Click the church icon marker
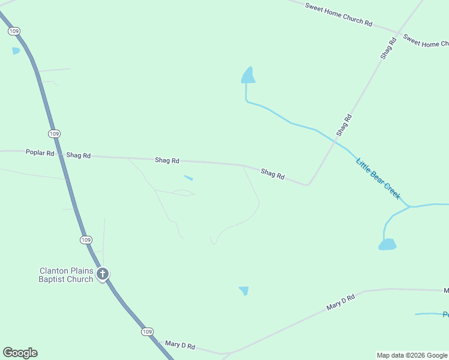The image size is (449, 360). pos(103,274)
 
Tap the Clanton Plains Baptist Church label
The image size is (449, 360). pos(66,275)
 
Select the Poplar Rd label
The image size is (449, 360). pos(40,153)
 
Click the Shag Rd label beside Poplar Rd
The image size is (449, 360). pos(79,155)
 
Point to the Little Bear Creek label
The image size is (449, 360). pos(378,179)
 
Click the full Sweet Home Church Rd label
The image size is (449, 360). pos(339,14)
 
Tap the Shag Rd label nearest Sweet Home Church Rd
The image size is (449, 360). pos(388,49)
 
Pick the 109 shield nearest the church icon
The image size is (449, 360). pos(86,239)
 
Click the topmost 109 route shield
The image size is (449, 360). pos(15,31)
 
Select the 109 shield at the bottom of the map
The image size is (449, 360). pos(148,331)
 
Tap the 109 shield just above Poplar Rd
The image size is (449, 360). pos(55,133)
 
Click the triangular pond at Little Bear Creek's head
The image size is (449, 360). pos(248,76)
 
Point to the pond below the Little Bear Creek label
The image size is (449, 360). pos(387,244)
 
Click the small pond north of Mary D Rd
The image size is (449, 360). pos(244,290)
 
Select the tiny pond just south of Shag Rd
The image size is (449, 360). pos(188,178)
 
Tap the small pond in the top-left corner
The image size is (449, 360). pos(16,51)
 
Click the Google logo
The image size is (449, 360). pos(20,353)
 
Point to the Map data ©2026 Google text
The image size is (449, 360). pos(412,355)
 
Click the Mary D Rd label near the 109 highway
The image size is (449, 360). pos(180,346)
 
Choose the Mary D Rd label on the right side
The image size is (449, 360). pos(341,302)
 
